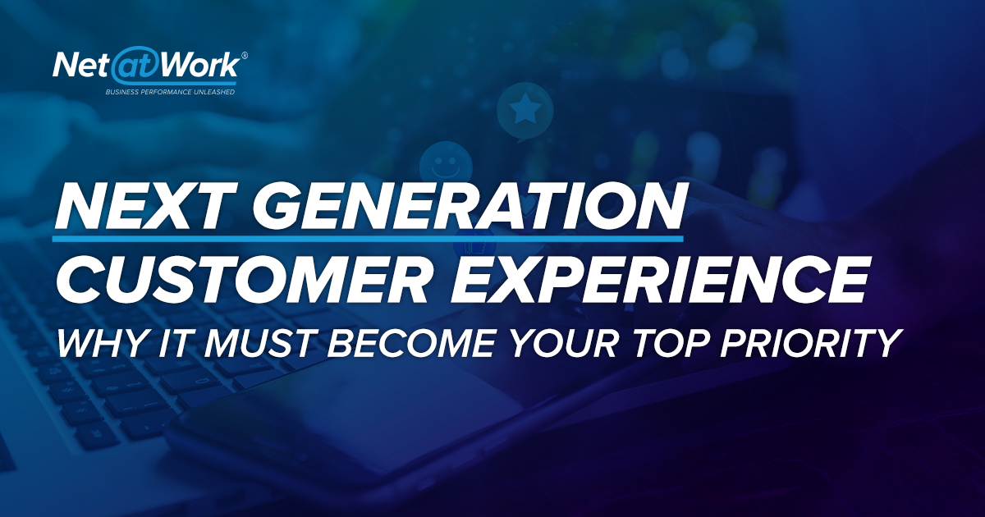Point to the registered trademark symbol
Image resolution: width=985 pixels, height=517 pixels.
click(x=245, y=55)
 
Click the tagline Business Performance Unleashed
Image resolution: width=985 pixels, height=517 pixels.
click(x=170, y=92)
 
